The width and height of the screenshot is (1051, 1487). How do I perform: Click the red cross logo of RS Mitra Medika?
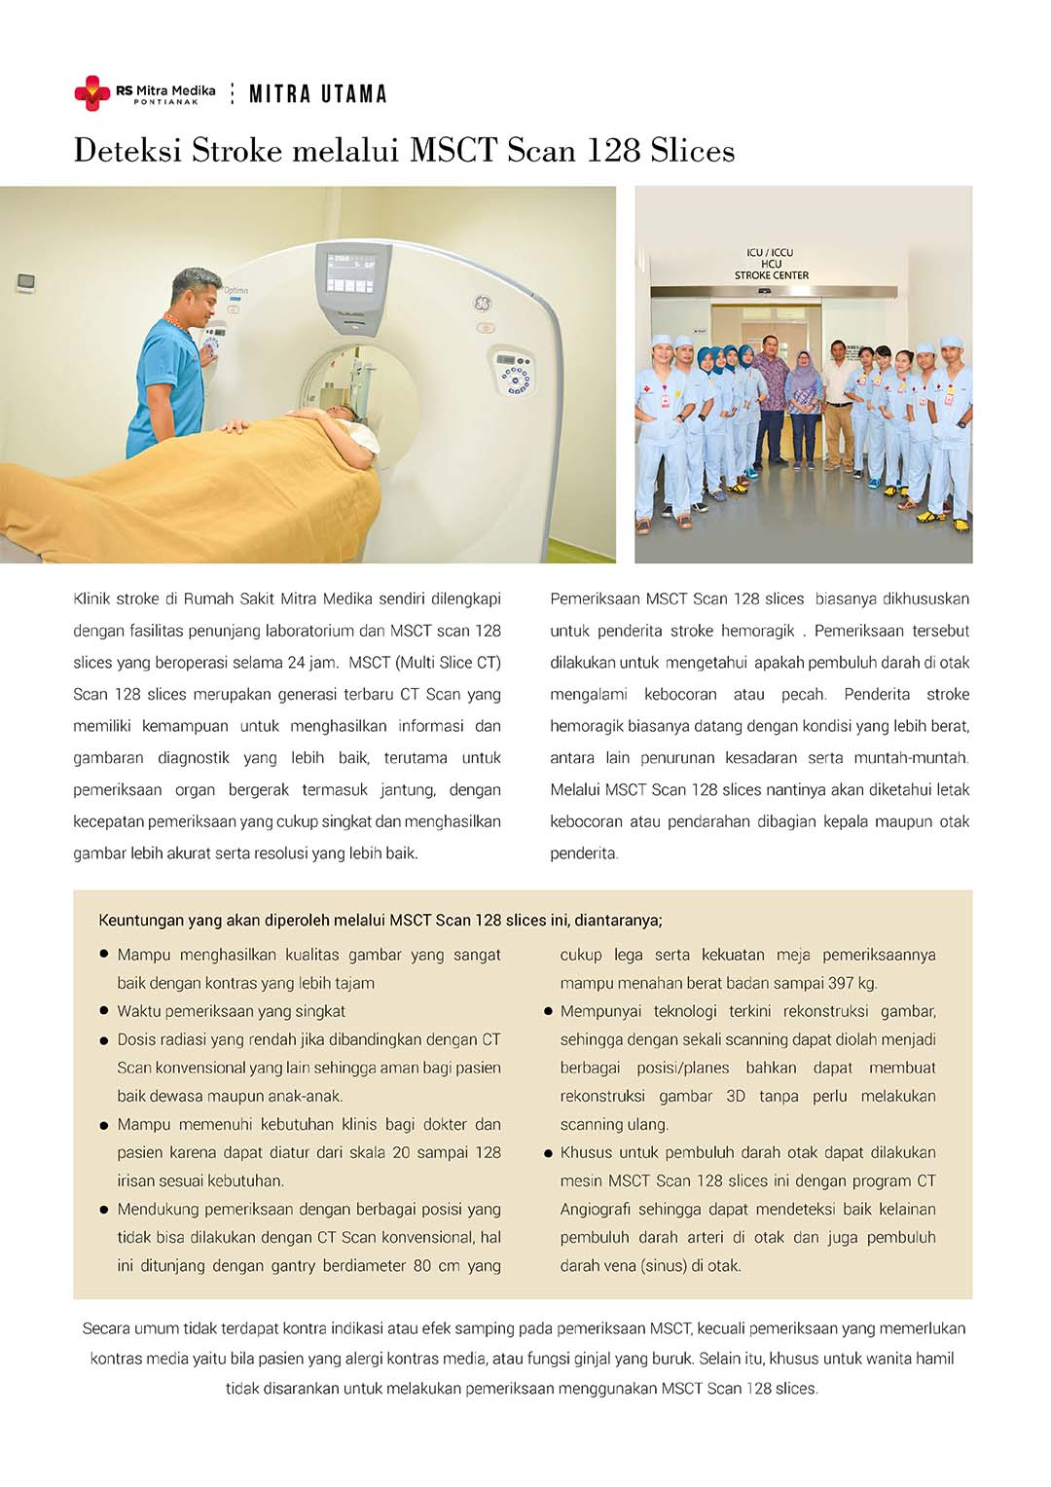[x=91, y=92]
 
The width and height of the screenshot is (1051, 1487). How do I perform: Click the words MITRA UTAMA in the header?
[x=318, y=94]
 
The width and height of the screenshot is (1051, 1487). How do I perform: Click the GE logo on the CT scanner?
[x=482, y=303]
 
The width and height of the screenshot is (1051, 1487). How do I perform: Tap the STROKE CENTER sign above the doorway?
[x=771, y=275]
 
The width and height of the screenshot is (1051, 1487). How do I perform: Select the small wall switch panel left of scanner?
[x=26, y=282]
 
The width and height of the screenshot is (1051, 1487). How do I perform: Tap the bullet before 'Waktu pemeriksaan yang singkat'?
[x=103, y=1012]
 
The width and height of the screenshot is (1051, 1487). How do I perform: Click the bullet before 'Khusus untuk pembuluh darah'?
[x=548, y=1153]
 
